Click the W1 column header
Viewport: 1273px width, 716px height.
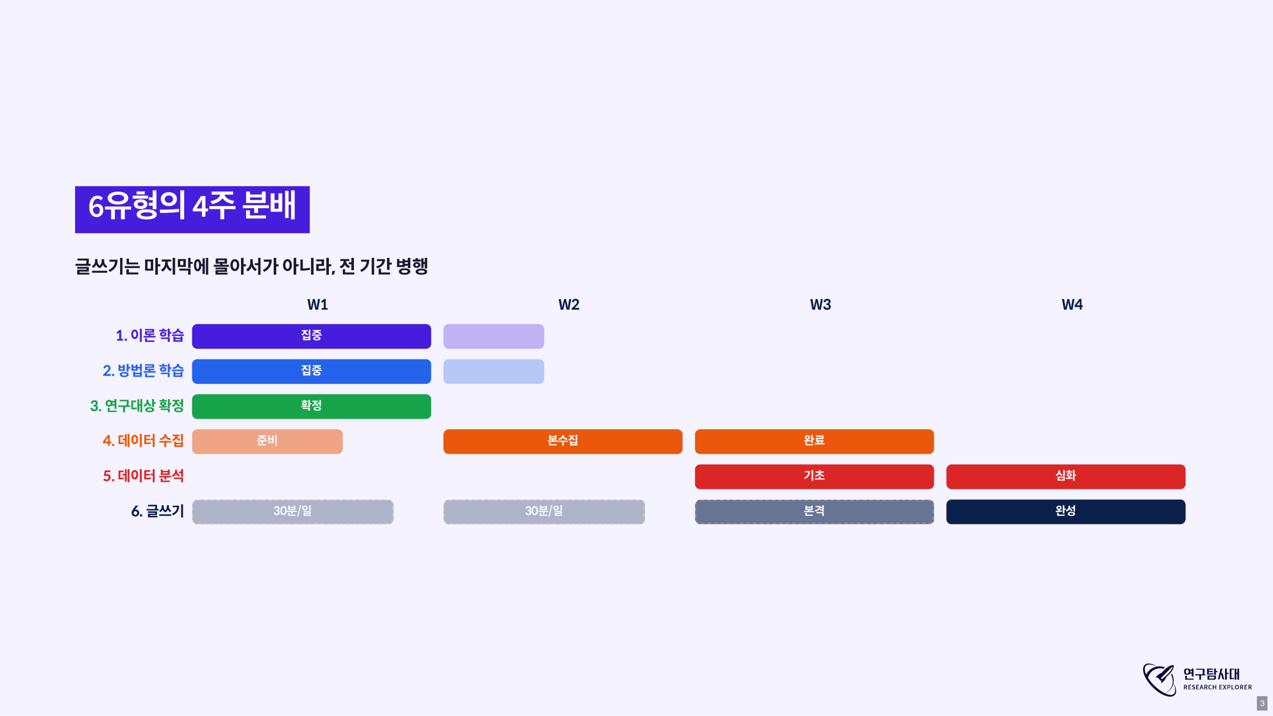pyautogui.click(x=317, y=304)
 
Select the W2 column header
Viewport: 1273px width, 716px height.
pyautogui.click(x=569, y=304)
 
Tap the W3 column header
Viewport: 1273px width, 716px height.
pyautogui.click(x=820, y=304)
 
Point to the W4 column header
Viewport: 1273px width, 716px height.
pyautogui.click(x=1072, y=304)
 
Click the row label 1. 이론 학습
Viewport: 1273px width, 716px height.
pyautogui.click(x=150, y=335)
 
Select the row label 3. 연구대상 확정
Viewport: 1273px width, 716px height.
pyautogui.click(x=137, y=406)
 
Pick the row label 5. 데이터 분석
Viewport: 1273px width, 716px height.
pyautogui.click(x=143, y=476)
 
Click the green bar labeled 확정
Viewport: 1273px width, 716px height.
pyautogui.click(x=311, y=406)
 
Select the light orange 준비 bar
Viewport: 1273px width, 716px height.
pyautogui.click(x=267, y=441)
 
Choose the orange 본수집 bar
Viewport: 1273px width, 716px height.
pyautogui.click(x=563, y=441)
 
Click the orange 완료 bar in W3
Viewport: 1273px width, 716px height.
pyautogui.click(x=815, y=441)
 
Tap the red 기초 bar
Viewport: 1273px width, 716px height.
pyautogui.click(x=815, y=476)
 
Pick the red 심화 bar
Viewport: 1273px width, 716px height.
pyautogui.click(x=1066, y=476)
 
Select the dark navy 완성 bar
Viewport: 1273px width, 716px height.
pyautogui.click(x=1066, y=511)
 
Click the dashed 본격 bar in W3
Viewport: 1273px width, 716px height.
pyautogui.click(x=815, y=511)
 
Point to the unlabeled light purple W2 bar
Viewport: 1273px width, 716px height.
pyautogui.click(x=494, y=336)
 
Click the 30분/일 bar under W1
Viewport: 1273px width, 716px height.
pyautogui.click(x=292, y=511)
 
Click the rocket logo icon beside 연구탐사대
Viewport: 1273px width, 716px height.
pyautogui.click(x=1159, y=680)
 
